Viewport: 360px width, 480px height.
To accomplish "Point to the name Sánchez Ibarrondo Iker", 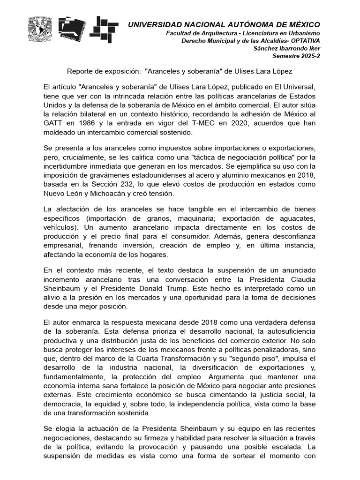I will pyautogui.click(x=286, y=48).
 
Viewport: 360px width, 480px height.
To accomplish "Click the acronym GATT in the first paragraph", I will pyautogui.click(x=53, y=124).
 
